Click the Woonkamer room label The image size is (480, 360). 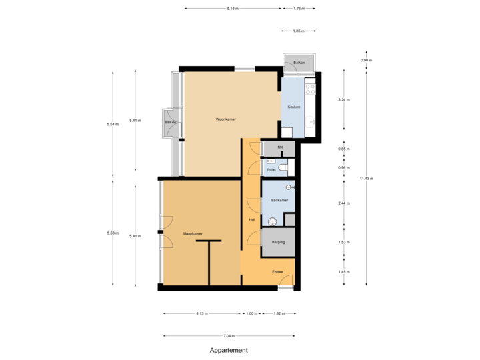(226, 119)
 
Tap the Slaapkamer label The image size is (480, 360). (192, 234)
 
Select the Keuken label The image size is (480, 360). (293, 107)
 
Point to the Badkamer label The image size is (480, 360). (279, 201)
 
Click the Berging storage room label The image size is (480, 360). (278, 242)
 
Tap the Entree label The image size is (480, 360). (277, 272)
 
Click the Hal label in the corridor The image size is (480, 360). (251, 219)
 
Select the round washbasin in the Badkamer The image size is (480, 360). (272, 221)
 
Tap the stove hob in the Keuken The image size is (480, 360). (310, 86)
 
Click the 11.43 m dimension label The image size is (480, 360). (366, 178)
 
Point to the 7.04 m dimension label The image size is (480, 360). (229, 335)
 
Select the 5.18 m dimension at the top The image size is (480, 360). (232, 9)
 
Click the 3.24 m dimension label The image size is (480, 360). (344, 100)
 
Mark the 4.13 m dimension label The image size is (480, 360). (201, 313)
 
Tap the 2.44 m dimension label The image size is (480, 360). (344, 203)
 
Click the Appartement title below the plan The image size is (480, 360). (229, 349)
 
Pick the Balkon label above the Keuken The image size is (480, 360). (299, 63)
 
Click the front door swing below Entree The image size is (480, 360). (285, 281)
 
